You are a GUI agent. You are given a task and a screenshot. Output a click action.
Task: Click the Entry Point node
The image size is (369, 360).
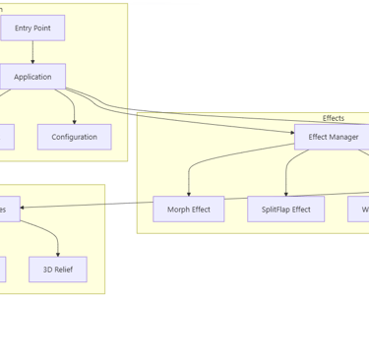click(x=32, y=29)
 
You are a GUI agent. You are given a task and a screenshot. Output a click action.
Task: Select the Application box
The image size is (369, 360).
click(x=32, y=77)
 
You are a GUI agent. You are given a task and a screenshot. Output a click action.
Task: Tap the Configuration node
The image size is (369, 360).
click(x=74, y=137)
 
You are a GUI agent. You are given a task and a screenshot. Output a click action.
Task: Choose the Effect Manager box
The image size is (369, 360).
click(x=333, y=137)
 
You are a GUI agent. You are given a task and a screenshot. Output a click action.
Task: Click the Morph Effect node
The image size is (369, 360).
click(x=188, y=210)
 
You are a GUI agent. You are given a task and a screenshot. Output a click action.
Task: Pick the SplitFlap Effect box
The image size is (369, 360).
click(x=285, y=210)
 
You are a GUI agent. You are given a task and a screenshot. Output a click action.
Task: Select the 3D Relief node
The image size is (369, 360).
click(x=57, y=270)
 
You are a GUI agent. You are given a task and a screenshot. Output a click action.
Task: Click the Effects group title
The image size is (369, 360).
click(x=333, y=118)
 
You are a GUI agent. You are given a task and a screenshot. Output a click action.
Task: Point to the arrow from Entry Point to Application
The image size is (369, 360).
click(x=32, y=52)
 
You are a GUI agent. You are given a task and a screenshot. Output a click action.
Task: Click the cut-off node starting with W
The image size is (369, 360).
click(x=358, y=210)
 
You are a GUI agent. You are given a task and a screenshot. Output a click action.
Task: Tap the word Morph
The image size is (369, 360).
click(x=178, y=210)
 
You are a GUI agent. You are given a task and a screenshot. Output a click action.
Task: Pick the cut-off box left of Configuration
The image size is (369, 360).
click(x=6, y=137)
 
